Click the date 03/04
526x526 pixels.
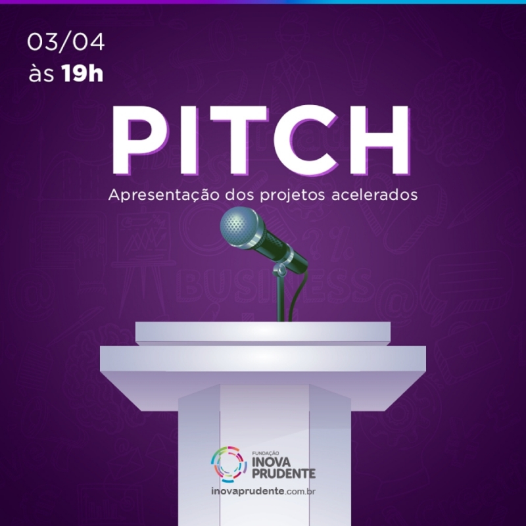coord(66,42)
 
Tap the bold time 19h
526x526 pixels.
coord(82,74)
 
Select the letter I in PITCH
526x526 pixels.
coord(189,140)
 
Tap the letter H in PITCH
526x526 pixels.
coord(381,140)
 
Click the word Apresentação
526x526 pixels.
coord(164,195)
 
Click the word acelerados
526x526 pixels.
coord(374,195)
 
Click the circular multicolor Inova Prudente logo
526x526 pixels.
coord(229,464)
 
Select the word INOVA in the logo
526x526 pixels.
coord(271,462)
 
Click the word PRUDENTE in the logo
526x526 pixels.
coord(284,473)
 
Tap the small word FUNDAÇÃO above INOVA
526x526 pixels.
coord(266,454)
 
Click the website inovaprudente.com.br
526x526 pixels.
coord(264,491)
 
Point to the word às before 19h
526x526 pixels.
coord(41,74)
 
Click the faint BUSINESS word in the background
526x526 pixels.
coord(275,286)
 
